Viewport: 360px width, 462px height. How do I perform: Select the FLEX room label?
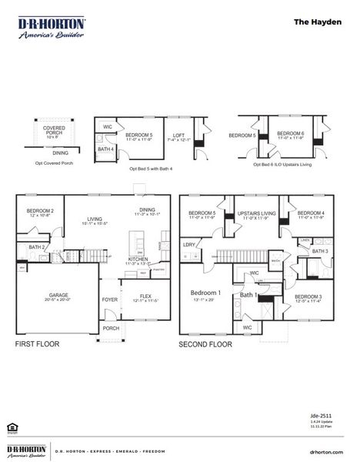[x=145, y=295]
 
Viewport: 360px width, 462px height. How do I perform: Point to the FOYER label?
[x=111, y=300]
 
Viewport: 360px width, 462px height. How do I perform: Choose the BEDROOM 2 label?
[x=40, y=211]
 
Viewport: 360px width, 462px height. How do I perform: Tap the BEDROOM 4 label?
[x=311, y=212]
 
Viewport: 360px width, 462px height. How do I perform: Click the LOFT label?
[x=178, y=132]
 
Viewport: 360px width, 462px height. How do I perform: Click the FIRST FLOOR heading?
[x=39, y=344]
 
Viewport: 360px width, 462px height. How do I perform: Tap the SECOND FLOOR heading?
[x=205, y=344]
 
